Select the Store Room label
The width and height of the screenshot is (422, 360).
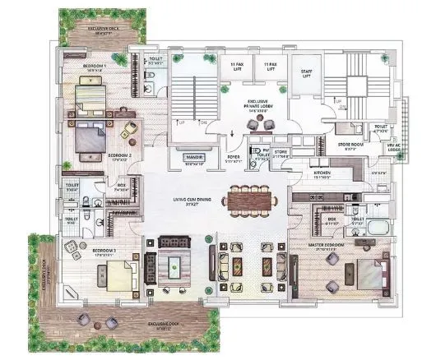[349, 146]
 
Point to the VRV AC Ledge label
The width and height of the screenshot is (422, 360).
[397, 145]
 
